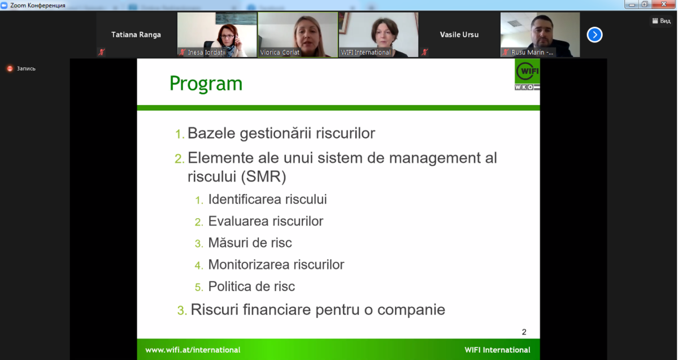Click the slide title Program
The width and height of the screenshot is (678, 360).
click(x=206, y=84)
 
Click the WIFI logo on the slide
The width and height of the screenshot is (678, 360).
click(x=527, y=75)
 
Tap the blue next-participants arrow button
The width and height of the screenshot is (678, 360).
click(x=594, y=35)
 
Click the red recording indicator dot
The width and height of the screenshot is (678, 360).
click(x=10, y=69)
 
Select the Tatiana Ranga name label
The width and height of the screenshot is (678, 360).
click(x=136, y=35)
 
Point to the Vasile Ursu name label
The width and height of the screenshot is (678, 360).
click(x=459, y=35)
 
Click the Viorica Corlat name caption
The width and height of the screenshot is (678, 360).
click(x=280, y=53)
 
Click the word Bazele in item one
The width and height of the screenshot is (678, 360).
click(x=211, y=133)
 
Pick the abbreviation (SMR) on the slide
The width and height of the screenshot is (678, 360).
click(x=263, y=176)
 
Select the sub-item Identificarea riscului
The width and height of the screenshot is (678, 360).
click(x=267, y=199)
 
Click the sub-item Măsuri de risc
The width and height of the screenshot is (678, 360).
click(x=250, y=242)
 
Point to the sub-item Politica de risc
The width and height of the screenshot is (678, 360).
click(x=251, y=287)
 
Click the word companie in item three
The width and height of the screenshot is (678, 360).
click(x=411, y=310)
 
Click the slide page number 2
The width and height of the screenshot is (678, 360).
click(x=524, y=332)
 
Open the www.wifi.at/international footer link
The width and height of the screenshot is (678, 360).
click(x=193, y=350)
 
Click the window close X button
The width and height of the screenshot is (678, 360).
click(x=664, y=5)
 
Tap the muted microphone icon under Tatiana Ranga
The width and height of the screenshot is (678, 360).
click(x=102, y=52)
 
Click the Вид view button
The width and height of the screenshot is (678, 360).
click(x=662, y=21)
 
